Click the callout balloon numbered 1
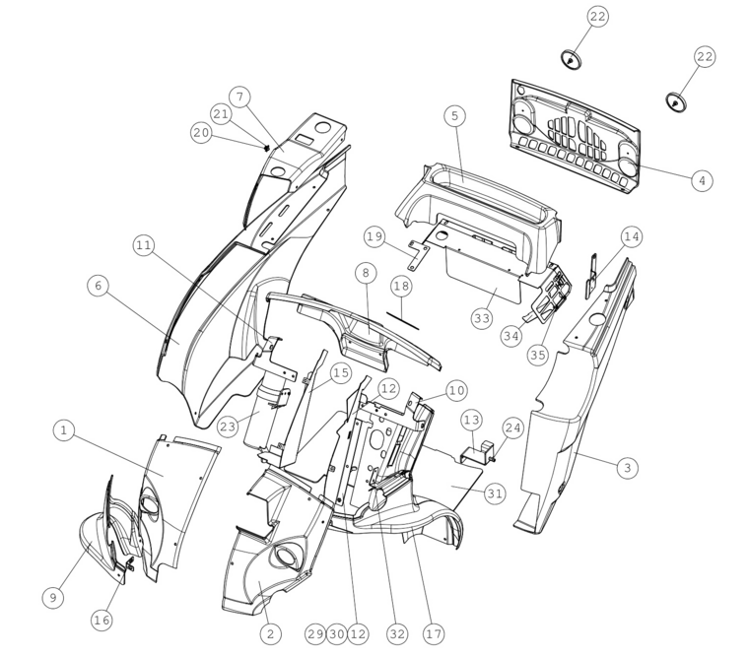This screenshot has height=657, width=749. pyautogui.click(x=64, y=430)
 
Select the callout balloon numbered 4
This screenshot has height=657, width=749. pyautogui.click(x=702, y=181)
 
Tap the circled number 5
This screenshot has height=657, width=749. pyautogui.click(x=454, y=115)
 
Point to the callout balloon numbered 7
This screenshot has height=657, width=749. pyautogui.click(x=239, y=97)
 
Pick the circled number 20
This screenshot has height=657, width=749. pyautogui.click(x=201, y=132)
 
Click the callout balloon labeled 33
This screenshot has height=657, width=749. pyautogui.click(x=482, y=318)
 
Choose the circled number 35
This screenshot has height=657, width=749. pyautogui.click(x=538, y=355)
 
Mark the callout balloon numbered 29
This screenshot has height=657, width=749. pyautogui.click(x=315, y=634)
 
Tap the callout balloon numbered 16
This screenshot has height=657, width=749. pyautogui.click(x=102, y=621)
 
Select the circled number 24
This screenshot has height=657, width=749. pyautogui.click(x=513, y=427)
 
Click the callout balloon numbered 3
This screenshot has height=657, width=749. pyautogui.click(x=628, y=467)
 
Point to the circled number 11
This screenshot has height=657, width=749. pyautogui.click(x=143, y=245)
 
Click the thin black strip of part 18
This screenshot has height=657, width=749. pyautogui.click(x=403, y=321)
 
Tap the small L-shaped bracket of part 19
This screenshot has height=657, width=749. pyautogui.click(x=417, y=255)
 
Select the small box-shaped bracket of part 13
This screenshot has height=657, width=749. pyautogui.click(x=476, y=453)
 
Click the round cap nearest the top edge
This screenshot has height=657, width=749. pyautogui.click(x=572, y=59)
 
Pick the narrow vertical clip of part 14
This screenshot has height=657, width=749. pyautogui.click(x=592, y=277)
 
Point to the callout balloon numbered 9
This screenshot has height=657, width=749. pyautogui.click(x=53, y=598)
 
